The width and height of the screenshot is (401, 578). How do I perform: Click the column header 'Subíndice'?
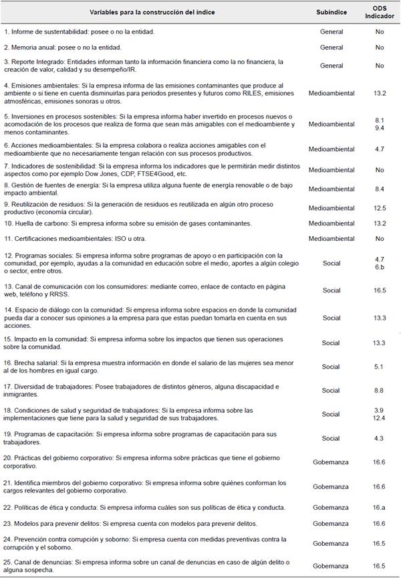click(x=331, y=12)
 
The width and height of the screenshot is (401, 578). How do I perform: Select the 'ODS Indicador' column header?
click(x=380, y=12)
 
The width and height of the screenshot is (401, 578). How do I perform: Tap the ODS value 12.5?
click(x=380, y=208)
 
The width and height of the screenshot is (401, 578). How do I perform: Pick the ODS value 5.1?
click(x=380, y=367)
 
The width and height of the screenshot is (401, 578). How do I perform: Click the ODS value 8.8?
click(x=380, y=391)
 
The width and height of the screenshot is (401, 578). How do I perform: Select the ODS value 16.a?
click(x=380, y=507)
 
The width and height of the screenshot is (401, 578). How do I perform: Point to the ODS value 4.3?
click(x=380, y=438)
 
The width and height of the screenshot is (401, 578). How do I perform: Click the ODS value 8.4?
click(x=380, y=189)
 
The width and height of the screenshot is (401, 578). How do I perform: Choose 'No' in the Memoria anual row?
click(x=380, y=47)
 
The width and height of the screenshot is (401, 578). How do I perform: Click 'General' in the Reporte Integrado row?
click(x=331, y=66)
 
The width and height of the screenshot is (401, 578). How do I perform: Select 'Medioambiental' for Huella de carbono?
click(x=331, y=223)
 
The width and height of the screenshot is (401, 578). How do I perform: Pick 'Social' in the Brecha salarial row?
click(x=331, y=367)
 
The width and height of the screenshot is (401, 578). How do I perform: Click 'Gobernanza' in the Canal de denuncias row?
click(x=331, y=566)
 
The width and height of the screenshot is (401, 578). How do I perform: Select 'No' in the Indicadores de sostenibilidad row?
click(x=380, y=169)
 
